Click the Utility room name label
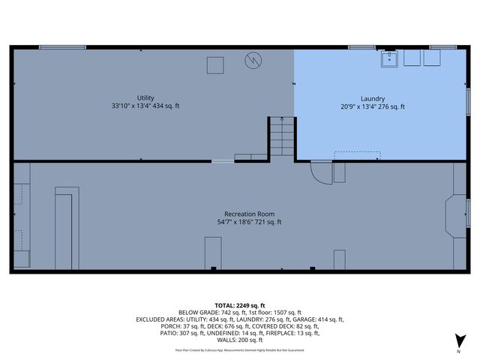145,98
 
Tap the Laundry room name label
373,98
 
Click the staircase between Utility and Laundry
280,138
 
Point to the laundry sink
390,58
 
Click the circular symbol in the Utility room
254,59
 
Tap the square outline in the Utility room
215,65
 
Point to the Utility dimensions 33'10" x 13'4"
125,106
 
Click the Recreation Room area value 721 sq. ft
266,222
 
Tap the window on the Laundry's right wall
469,102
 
